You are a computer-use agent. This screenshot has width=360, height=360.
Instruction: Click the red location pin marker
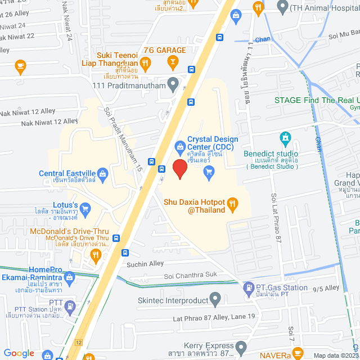click(179, 169)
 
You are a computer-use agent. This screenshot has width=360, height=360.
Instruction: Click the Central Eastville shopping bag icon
click(102, 173)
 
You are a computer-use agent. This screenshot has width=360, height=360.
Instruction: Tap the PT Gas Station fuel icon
click(249, 290)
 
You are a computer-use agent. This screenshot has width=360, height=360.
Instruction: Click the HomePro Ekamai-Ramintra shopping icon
click(69, 277)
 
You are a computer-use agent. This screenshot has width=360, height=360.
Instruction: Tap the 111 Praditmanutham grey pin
click(173, 84)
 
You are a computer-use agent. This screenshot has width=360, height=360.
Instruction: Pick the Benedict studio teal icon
click(286, 137)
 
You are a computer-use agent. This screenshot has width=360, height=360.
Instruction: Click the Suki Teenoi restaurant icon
click(145, 64)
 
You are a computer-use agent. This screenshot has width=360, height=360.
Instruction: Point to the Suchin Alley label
click(145, 263)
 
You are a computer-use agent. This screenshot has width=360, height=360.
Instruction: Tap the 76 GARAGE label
click(164, 50)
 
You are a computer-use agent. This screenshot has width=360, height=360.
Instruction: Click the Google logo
click(19, 353)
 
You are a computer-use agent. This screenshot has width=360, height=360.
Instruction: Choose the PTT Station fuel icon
click(70, 307)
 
